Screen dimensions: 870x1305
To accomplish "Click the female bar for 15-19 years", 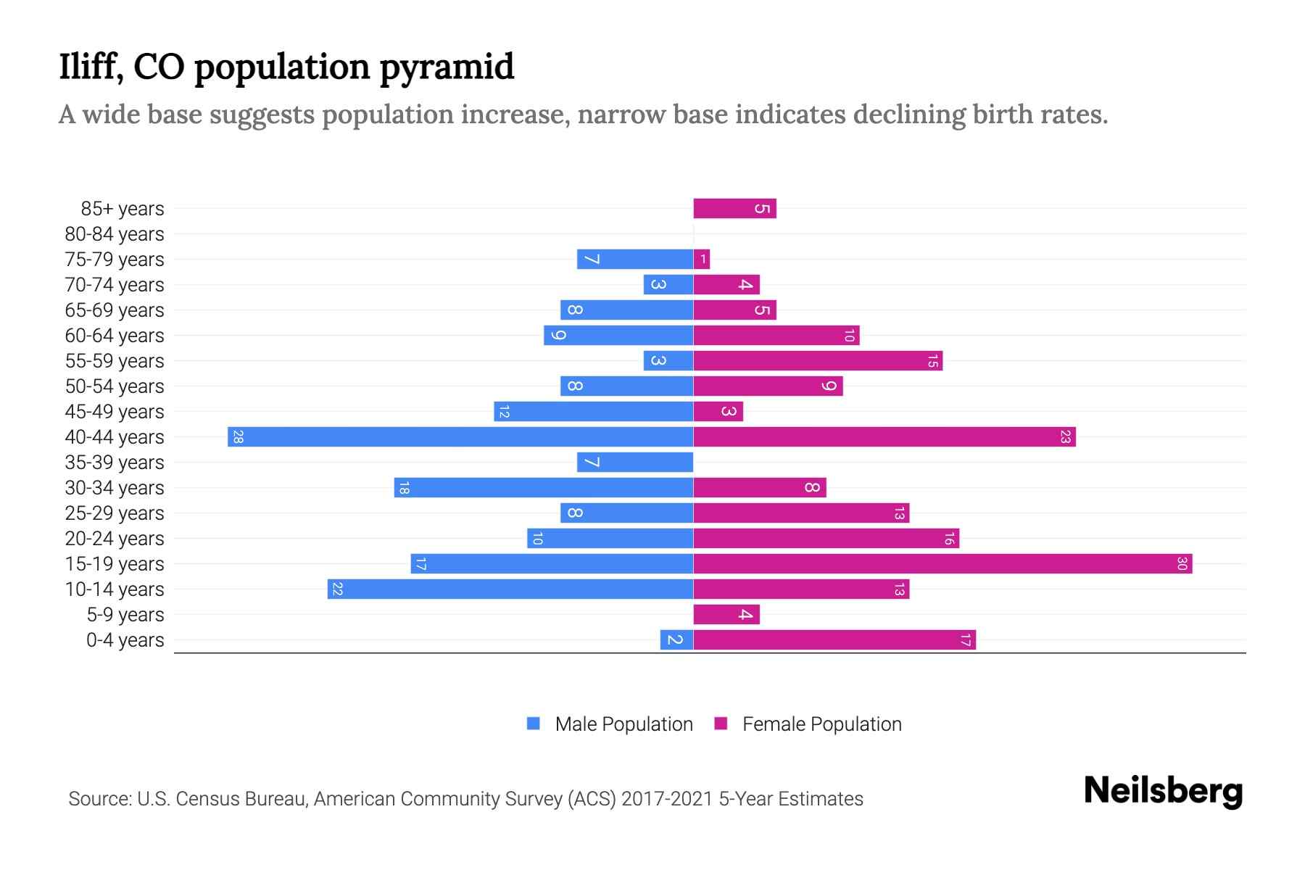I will pyautogui.click(x=942, y=564).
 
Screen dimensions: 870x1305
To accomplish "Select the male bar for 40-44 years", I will pyautogui.click(x=460, y=437).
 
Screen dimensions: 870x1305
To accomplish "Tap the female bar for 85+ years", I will pyautogui.click(x=734, y=209).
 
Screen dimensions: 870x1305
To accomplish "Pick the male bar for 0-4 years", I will pyautogui.click(x=676, y=640).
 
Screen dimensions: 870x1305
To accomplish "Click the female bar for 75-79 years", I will pyautogui.click(x=702, y=260).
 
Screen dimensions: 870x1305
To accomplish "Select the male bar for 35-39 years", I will pyautogui.click(x=635, y=463).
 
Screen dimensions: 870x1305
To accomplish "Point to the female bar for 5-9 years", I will pyautogui.click(x=726, y=615).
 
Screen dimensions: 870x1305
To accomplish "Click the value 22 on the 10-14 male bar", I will pyautogui.click(x=337, y=589).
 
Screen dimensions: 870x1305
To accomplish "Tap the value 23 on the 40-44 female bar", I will pyautogui.click(x=1065, y=437).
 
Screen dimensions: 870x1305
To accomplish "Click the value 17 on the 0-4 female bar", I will pyautogui.click(x=966, y=640).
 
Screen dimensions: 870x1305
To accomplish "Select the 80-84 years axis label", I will pyautogui.click(x=115, y=234).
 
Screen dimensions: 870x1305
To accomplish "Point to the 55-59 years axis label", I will pyautogui.click(x=115, y=361).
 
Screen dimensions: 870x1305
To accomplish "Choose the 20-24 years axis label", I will pyautogui.click(x=115, y=539).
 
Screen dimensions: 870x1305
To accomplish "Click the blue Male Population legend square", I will pyautogui.click(x=534, y=724).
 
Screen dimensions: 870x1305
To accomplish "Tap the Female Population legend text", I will pyautogui.click(x=821, y=724).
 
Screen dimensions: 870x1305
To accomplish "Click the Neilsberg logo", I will pyautogui.click(x=1163, y=791).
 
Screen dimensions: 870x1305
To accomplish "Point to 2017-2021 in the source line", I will pyautogui.click(x=667, y=799).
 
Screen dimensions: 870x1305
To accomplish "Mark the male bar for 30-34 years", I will pyautogui.click(x=544, y=488).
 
